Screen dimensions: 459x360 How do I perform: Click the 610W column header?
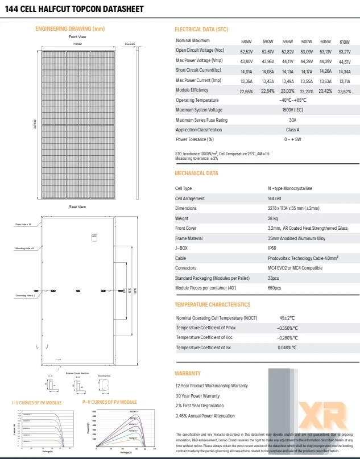pyautogui.click(x=344, y=42)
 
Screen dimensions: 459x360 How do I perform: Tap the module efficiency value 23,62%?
pyautogui.click(x=344, y=91)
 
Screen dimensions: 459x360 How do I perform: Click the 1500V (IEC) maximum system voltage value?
pyautogui.click(x=293, y=110)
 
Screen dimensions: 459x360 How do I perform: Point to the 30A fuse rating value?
pyautogui.click(x=293, y=120)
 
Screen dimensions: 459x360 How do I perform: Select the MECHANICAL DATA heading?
pyautogui.click(x=196, y=173)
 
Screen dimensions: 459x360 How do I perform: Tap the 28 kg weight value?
pyautogui.click(x=273, y=218)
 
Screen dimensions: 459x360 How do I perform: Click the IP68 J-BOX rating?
pyautogui.click(x=274, y=248)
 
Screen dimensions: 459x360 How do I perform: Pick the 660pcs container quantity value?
pyautogui.click(x=275, y=288)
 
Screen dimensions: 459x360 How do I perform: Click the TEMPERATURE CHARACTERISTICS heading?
pyautogui.click(x=212, y=305)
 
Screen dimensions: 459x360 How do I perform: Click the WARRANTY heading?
pyautogui.click(x=188, y=374)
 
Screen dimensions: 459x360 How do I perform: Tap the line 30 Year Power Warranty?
pyautogui.click(x=197, y=395)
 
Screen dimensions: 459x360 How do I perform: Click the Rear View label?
pyautogui.click(x=77, y=207)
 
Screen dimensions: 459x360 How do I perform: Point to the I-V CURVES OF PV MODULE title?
pyautogui.click(x=38, y=403)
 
